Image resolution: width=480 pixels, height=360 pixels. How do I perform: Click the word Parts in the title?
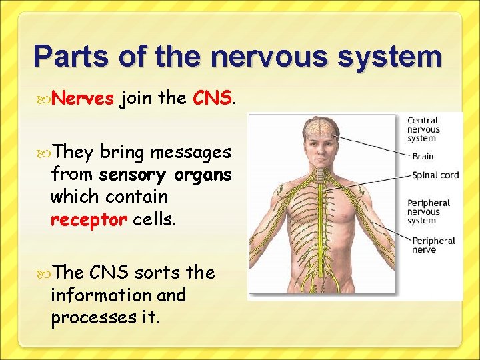click(73, 57)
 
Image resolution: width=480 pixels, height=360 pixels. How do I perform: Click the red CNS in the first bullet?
click(211, 99)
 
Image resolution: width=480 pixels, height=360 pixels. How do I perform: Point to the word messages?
click(191, 153)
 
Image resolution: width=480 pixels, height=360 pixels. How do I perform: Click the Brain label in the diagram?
click(423, 157)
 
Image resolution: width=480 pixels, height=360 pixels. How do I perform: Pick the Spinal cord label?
click(435, 175)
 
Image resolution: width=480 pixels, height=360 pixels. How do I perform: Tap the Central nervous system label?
click(423, 129)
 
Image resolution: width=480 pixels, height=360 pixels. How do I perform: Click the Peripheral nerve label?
click(433, 245)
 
